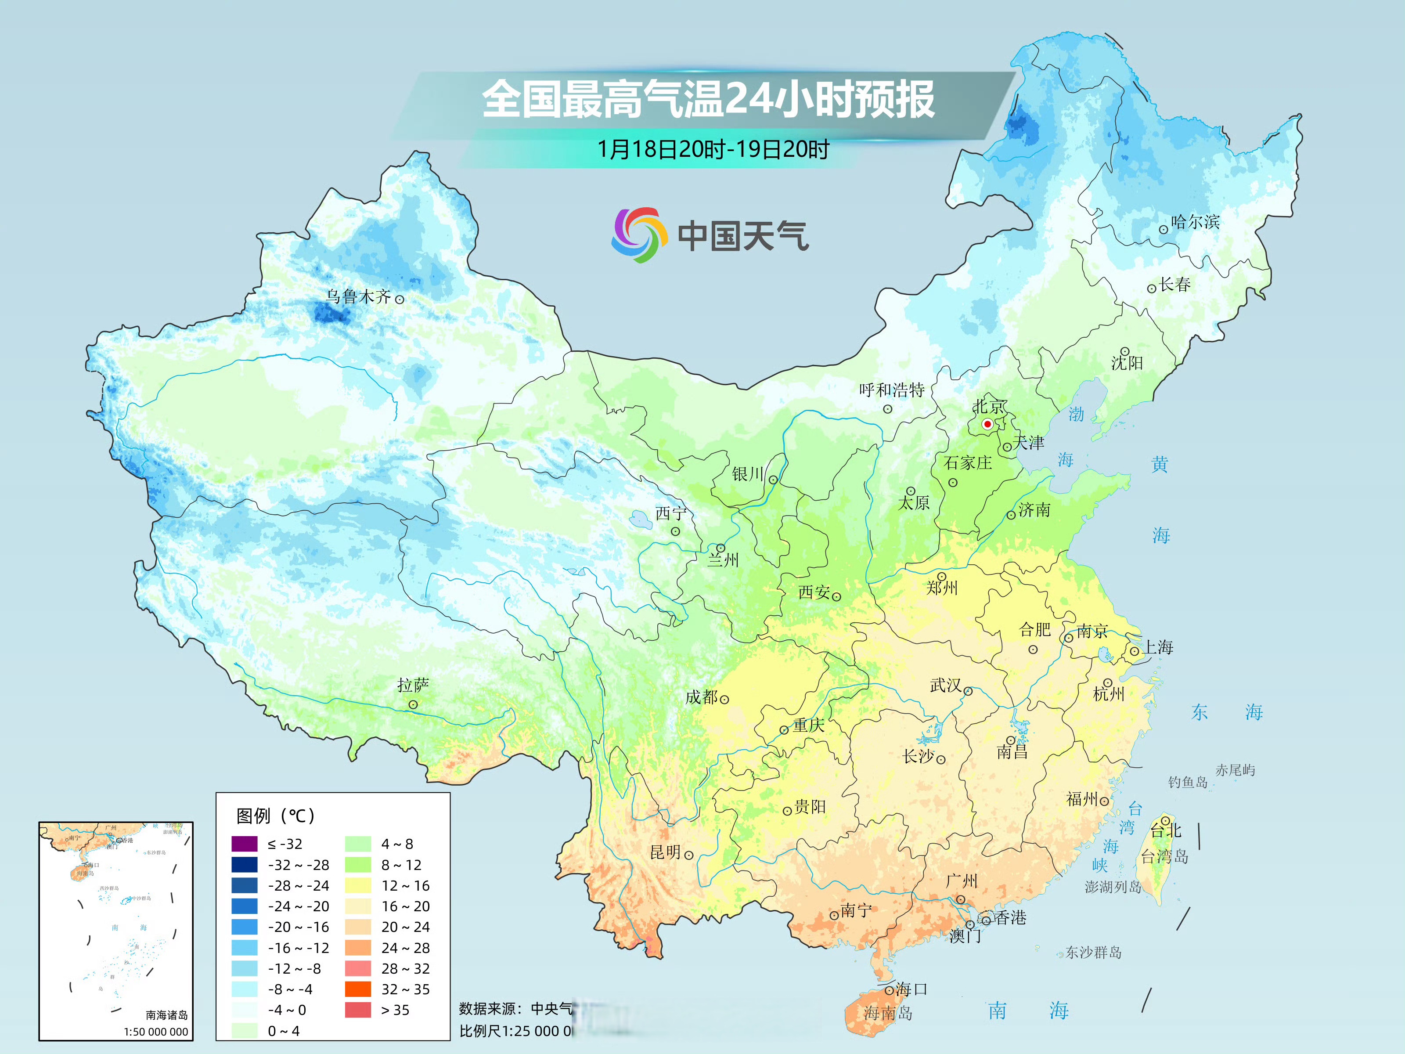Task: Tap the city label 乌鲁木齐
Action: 358,297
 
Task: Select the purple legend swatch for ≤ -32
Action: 245,844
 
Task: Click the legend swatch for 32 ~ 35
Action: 357,989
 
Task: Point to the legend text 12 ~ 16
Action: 405,886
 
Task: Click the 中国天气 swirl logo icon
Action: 639,235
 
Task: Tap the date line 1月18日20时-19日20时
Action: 713,149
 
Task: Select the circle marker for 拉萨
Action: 413,704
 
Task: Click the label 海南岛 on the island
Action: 887,1013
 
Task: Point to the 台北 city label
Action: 1166,830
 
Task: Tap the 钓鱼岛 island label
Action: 1187,782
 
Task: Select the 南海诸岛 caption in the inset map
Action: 166,1015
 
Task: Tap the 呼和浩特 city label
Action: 891,390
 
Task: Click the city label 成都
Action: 701,697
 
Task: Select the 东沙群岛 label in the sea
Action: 1093,953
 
